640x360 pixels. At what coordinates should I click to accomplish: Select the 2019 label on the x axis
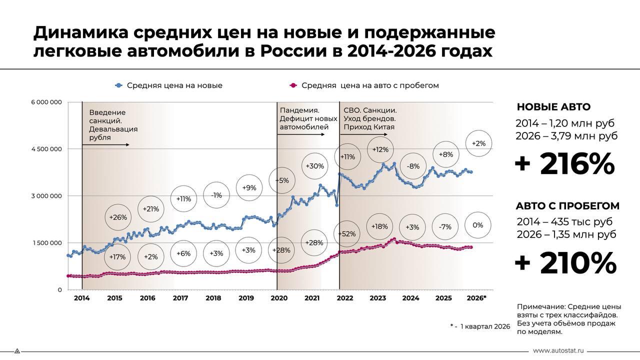click(x=246, y=298)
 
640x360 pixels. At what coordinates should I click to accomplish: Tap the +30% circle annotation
click(x=315, y=166)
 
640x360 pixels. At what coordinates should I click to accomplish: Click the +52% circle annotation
click(x=346, y=233)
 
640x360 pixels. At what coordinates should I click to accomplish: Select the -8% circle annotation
click(x=413, y=166)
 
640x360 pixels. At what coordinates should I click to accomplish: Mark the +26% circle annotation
click(x=118, y=217)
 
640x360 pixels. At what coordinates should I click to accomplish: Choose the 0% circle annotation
click(x=477, y=225)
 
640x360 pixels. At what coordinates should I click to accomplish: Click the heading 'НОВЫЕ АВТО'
click(x=553, y=107)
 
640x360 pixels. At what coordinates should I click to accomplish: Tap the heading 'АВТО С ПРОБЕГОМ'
click(x=567, y=206)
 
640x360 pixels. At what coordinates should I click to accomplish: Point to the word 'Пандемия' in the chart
click(x=299, y=110)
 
